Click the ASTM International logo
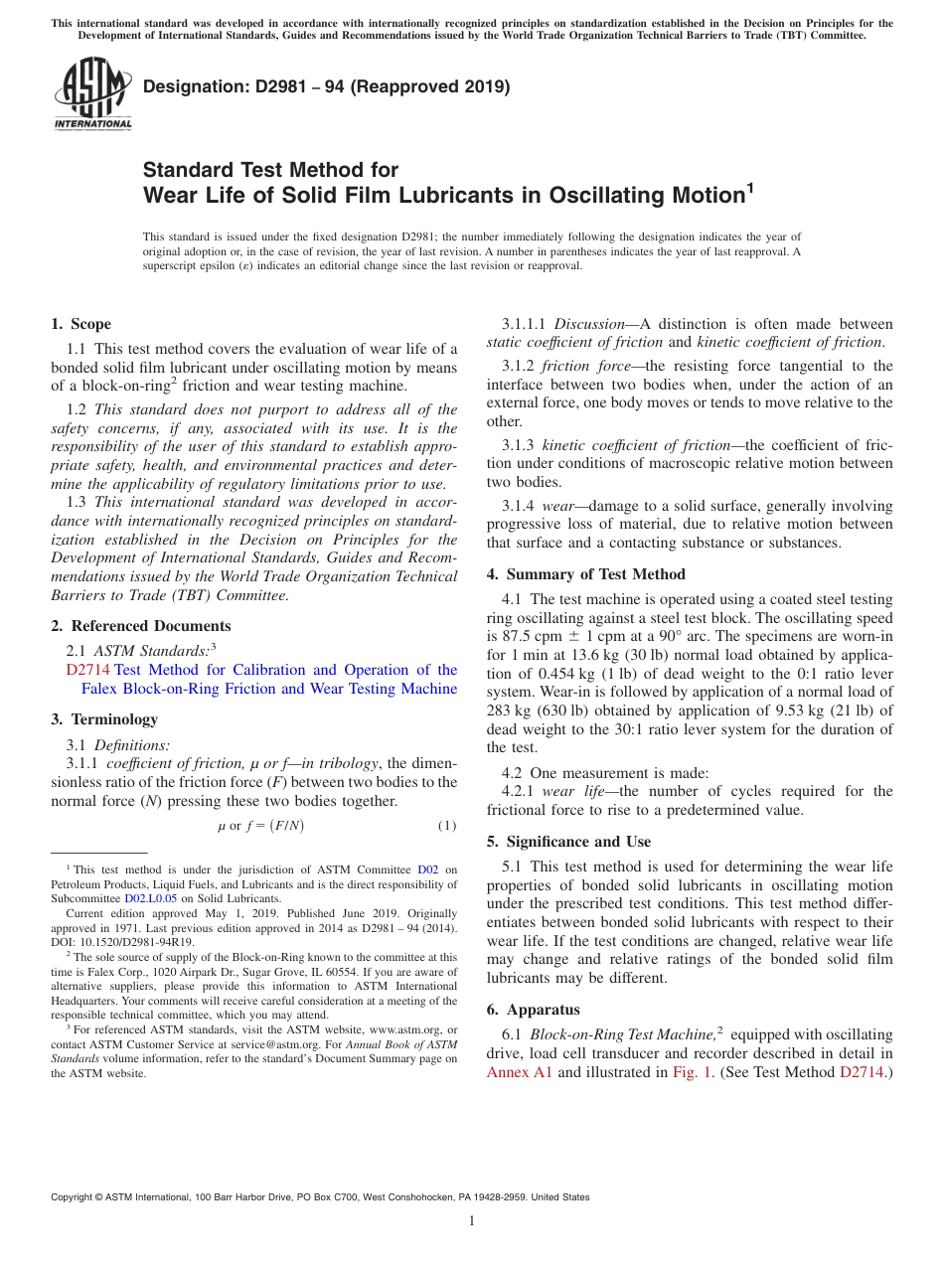(x=92, y=94)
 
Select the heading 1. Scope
(x=80, y=324)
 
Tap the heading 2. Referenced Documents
(x=140, y=626)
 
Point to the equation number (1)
(x=447, y=826)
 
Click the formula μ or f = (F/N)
(x=260, y=826)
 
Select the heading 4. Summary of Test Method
(x=585, y=574)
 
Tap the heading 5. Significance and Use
(x=568, y=842)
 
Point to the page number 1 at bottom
(x=472, y=1221)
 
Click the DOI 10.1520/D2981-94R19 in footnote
(x=134, y=942)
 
